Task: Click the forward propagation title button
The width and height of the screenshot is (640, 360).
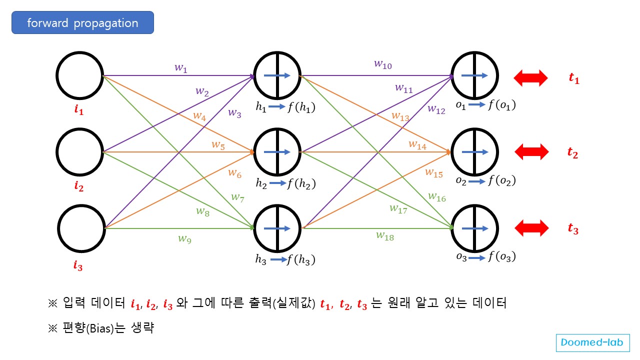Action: click(82, 23)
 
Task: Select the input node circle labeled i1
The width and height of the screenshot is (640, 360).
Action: click(79, 76)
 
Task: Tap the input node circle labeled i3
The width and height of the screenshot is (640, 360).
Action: click(79, 228)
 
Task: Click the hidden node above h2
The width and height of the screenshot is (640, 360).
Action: click(277, 151)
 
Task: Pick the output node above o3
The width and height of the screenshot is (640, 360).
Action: click(474, 228)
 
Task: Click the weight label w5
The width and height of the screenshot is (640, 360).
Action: click(217, 145)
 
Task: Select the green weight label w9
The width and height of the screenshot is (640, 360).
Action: click(184, 238)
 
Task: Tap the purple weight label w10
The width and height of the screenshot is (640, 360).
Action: click(383, 64)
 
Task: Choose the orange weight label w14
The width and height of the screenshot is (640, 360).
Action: click(417, 144)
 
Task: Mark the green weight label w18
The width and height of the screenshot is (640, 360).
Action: click(385, 236)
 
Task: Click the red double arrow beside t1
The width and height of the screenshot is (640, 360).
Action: click(531, 78)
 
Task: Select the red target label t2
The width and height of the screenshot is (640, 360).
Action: click(573, 153)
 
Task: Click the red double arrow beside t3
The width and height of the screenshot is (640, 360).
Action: click(531, 228)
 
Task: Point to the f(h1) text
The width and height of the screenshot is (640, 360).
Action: click(301, 106)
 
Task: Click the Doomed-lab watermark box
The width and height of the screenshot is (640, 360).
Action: click(592, 342)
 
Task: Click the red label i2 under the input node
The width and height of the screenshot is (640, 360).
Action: click(78, 187)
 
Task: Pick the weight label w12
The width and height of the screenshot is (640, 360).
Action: click(436, 110)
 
